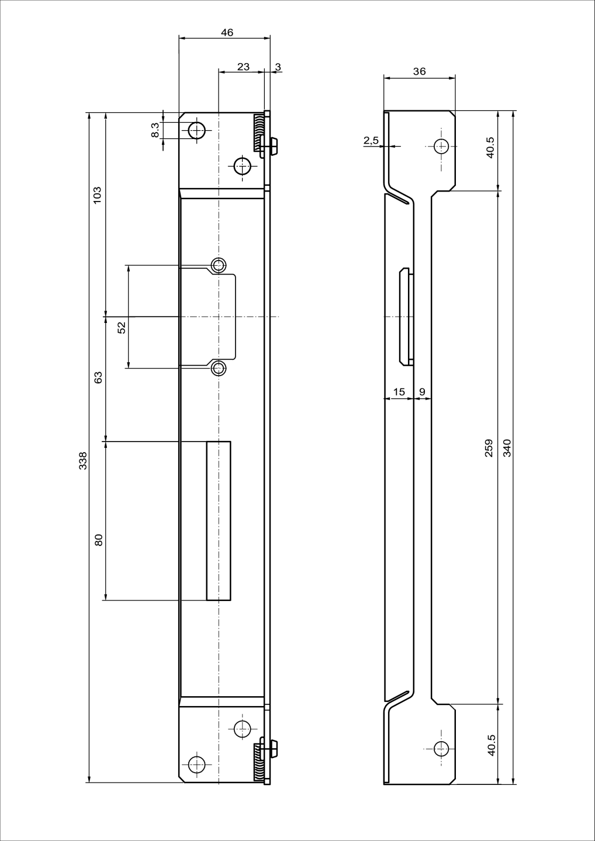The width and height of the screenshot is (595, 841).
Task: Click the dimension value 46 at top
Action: point(227,33)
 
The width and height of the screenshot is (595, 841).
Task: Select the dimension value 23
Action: point(243,67)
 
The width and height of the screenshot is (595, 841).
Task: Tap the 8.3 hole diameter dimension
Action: point(155,130)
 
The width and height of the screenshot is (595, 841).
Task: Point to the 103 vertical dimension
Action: point(98,194)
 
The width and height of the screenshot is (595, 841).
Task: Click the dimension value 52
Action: point(122,328)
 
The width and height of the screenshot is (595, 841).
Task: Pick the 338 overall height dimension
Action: point(83,460)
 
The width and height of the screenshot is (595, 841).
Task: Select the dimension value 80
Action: point(99,540)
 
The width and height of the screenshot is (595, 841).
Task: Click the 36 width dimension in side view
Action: point(419,72)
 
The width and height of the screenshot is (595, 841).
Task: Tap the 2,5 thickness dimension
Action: point(371,140)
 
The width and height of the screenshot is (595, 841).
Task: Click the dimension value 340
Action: point(507,448)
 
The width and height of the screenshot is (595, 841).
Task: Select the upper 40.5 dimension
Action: point(490,147)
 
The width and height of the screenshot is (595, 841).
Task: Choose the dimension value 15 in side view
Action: point(399,392)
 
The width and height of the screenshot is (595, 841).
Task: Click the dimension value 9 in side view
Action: point(422,392)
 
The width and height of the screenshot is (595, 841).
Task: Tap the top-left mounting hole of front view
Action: point(197,131)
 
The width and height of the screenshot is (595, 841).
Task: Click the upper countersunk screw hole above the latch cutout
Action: point(219,266)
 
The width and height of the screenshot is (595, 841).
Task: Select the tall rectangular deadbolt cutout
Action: point(218,521)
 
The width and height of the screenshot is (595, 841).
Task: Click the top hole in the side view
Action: point(441,146)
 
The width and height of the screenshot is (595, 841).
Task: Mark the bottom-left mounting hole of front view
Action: point(197,763)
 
